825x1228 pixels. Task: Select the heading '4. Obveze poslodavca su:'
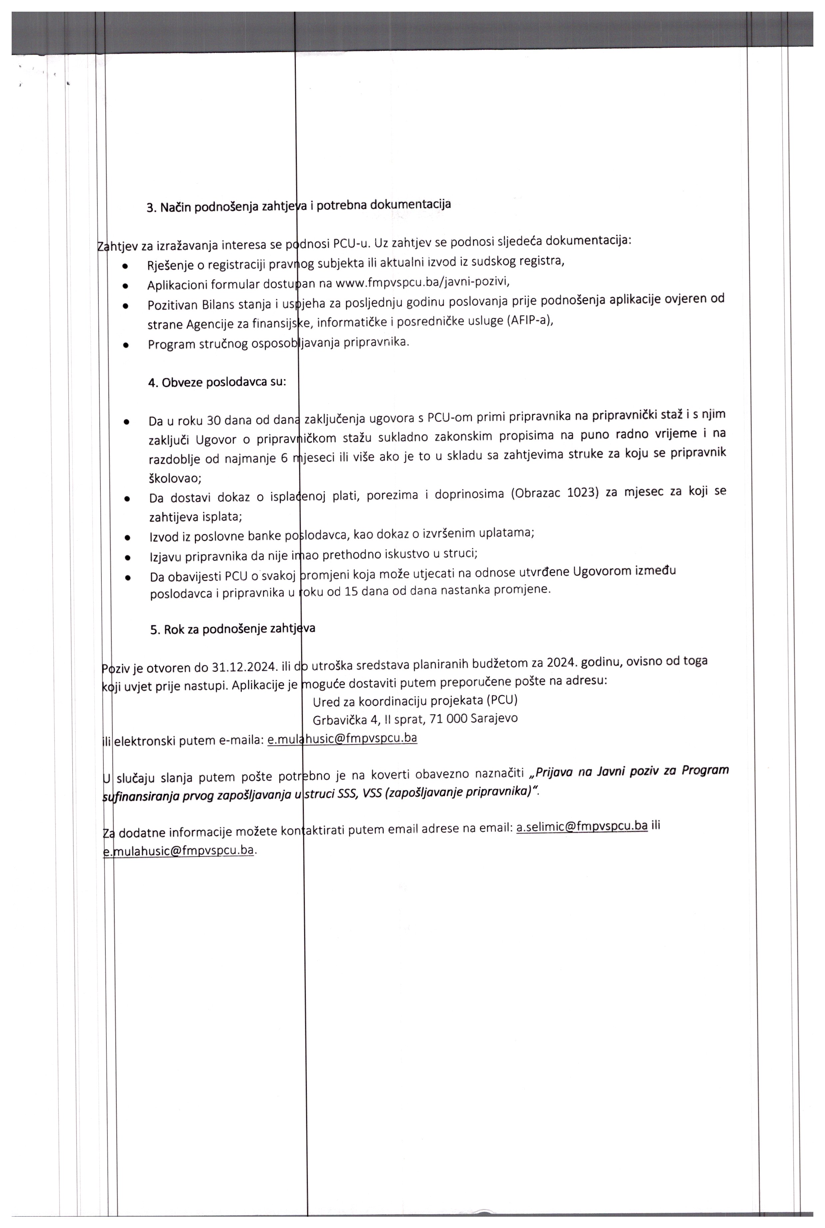point(217,382)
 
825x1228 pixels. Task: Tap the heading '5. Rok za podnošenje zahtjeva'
point(232,629)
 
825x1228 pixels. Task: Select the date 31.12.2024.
point(245,667)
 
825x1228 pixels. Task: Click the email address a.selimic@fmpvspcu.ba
point(582,826)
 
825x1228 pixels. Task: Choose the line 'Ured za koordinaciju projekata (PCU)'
point(415,701)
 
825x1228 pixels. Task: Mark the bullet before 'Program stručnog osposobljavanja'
point(126,346)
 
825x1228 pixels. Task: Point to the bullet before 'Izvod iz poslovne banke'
point(127,538)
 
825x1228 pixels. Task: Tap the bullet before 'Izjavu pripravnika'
point(127,556)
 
